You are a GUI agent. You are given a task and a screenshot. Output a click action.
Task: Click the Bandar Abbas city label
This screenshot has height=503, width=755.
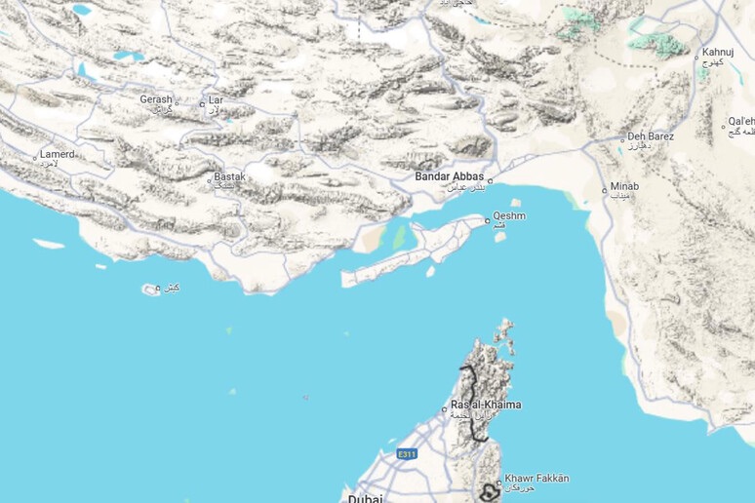pos(449,176)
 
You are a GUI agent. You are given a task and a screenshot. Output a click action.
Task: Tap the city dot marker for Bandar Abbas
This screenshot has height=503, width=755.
pos(491,180)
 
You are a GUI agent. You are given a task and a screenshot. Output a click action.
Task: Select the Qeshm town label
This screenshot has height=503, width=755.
pos(509,215)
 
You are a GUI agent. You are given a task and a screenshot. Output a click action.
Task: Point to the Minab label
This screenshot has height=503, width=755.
pos(625,187)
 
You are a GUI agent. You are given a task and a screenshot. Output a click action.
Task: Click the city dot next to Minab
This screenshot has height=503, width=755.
pos(605,189)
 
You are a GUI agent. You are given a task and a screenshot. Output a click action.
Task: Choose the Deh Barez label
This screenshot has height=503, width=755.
pos(651,136)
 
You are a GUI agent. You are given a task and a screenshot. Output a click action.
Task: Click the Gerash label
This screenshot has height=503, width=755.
pos(155,99)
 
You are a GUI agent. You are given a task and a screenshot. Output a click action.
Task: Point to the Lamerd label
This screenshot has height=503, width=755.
pos(57,154)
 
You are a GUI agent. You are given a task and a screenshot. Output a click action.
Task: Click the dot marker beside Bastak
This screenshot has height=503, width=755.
pos(210,178)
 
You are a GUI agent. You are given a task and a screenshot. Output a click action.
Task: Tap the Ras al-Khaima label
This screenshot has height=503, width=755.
pos(486,405)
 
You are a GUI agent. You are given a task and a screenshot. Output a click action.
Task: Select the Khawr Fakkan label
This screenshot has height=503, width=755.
pos(536,479)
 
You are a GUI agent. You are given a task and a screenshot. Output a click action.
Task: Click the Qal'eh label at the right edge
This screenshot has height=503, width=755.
pos(740,122)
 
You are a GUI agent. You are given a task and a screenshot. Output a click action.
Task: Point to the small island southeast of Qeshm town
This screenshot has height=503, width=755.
pos(500,237)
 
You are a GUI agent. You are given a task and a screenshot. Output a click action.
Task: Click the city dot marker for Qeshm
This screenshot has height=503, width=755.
pos(488,221)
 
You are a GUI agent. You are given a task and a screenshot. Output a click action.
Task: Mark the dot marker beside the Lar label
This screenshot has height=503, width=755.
pos(202,103)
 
